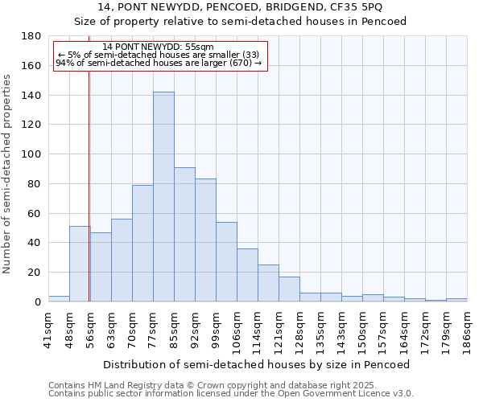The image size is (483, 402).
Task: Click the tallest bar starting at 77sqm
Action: click(x=163, y=197)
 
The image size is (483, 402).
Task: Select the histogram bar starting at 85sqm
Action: click(x=184, y=234)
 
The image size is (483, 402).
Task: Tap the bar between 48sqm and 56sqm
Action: click(x=80, y=264)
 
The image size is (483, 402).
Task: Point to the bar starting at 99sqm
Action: click(x=226, y=261)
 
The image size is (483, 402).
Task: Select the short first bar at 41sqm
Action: click(x=59, y=298)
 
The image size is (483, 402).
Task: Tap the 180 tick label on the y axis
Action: click(x=31, y=36)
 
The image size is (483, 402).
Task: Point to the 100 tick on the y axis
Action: click(x=31, y=154)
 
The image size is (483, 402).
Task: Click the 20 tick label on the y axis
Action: click(x=35, y=273)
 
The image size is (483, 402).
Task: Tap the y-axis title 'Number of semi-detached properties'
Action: click(x=8, y=174)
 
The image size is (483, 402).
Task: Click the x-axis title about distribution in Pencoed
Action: click(x=257, y=364)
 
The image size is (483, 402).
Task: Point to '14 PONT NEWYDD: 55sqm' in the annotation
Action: click(x=159, y=47)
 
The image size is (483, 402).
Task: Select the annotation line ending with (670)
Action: click(x=159, y=63)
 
